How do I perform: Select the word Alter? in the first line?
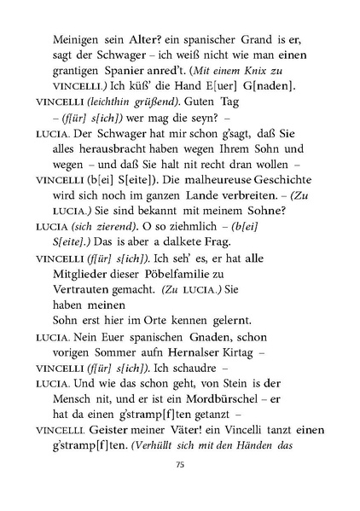[144, 40]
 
